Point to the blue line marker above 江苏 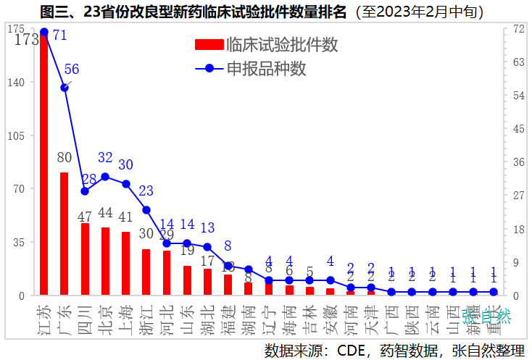(44, 32)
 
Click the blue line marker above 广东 (65, 88)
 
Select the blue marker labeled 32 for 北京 (105, 176)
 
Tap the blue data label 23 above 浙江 (146, 191)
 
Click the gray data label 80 (65, 157)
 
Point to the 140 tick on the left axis (16, 83)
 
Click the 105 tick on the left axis (16, 135)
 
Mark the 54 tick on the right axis (519, 96)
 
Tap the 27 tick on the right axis (519, 196)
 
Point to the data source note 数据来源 (394, 350)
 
